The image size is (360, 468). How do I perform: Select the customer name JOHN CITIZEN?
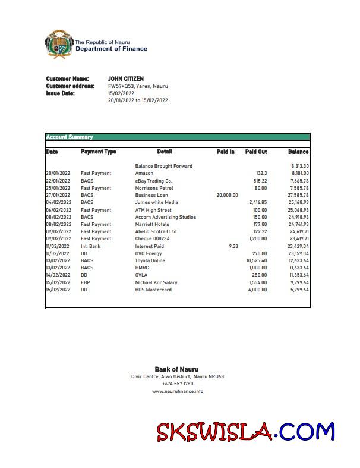125,78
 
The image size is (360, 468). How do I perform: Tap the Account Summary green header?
70,137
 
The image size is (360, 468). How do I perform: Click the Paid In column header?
226,152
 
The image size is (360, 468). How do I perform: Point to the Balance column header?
298,152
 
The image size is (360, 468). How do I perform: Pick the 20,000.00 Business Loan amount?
227,195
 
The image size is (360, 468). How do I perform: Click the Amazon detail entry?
144,173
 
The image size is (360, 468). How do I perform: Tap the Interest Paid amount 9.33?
233,246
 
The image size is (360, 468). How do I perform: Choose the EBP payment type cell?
86,282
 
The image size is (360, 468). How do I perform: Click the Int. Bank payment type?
90,246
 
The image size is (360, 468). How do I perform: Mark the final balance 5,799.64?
298,290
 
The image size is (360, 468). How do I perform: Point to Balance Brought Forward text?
163,166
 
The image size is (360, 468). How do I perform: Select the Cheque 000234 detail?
153,238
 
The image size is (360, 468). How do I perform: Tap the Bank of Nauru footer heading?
176,369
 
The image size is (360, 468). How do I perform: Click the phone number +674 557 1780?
178,384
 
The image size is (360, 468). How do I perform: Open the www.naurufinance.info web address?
178,391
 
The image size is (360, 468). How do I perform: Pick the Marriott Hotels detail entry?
152,224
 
